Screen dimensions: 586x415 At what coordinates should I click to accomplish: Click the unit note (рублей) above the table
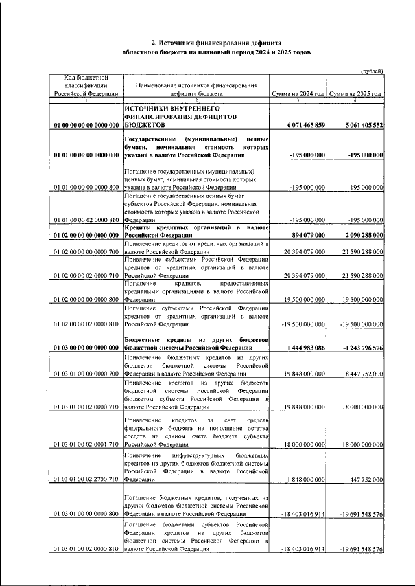coord(372,71)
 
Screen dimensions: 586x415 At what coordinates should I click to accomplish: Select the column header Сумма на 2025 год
coord(355,94)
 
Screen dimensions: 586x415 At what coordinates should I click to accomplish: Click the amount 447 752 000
coord(364,480)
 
